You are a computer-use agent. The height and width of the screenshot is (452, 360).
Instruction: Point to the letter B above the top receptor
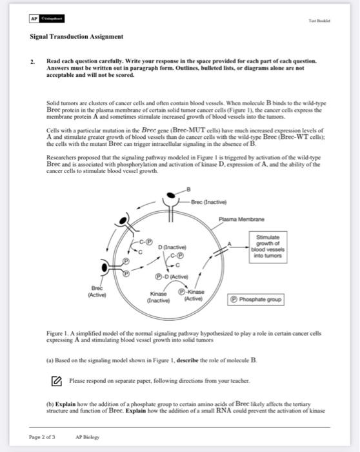coord(188,187)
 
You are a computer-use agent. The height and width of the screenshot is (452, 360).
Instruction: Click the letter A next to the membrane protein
coord(228,243)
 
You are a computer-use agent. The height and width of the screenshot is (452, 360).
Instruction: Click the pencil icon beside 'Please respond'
coord(55,379)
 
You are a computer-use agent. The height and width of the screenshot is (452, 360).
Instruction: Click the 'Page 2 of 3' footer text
coord(42,437)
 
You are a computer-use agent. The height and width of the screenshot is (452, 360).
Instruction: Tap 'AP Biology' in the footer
coord(88,437)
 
